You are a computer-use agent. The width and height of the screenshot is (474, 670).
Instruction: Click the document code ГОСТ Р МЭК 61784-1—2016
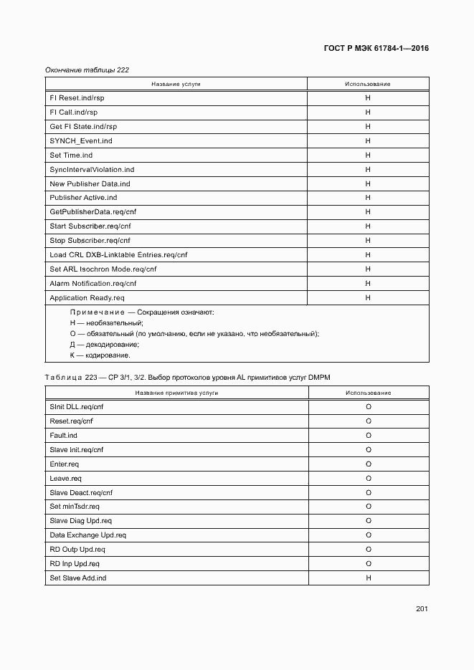click(376, 49)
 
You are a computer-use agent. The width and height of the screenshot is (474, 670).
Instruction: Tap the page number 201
click(422, 609)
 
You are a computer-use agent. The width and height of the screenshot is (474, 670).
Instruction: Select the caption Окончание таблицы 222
click(87, 70)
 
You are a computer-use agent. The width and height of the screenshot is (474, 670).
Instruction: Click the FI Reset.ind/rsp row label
click(72, 98)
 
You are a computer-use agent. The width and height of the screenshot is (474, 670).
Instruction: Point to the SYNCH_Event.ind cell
click(81, 141)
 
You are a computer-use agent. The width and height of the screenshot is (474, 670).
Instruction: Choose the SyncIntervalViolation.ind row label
click(92, 170)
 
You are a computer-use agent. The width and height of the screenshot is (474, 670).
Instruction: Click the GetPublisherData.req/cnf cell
click(94, 212)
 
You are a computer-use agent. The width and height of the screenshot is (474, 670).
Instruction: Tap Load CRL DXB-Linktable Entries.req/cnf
click(118, 255)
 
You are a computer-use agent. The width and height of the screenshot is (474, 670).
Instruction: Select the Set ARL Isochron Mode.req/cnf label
click(103, 269)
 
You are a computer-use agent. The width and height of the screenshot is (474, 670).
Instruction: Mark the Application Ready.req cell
click(87, 298)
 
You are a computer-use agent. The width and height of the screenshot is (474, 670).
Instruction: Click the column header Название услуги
click(176, 85)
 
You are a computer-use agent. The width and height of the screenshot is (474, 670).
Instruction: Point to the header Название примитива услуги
click(176, 393)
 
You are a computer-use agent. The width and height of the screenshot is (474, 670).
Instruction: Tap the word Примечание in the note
click(96, 312)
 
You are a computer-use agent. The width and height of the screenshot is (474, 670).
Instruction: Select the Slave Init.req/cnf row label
click(77, 450)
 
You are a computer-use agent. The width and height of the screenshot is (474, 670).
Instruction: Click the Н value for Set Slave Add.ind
click(368, 578)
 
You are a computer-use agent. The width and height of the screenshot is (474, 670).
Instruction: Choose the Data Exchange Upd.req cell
click(87, 535)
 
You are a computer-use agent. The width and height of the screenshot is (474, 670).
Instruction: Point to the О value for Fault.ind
click(368, 436)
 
